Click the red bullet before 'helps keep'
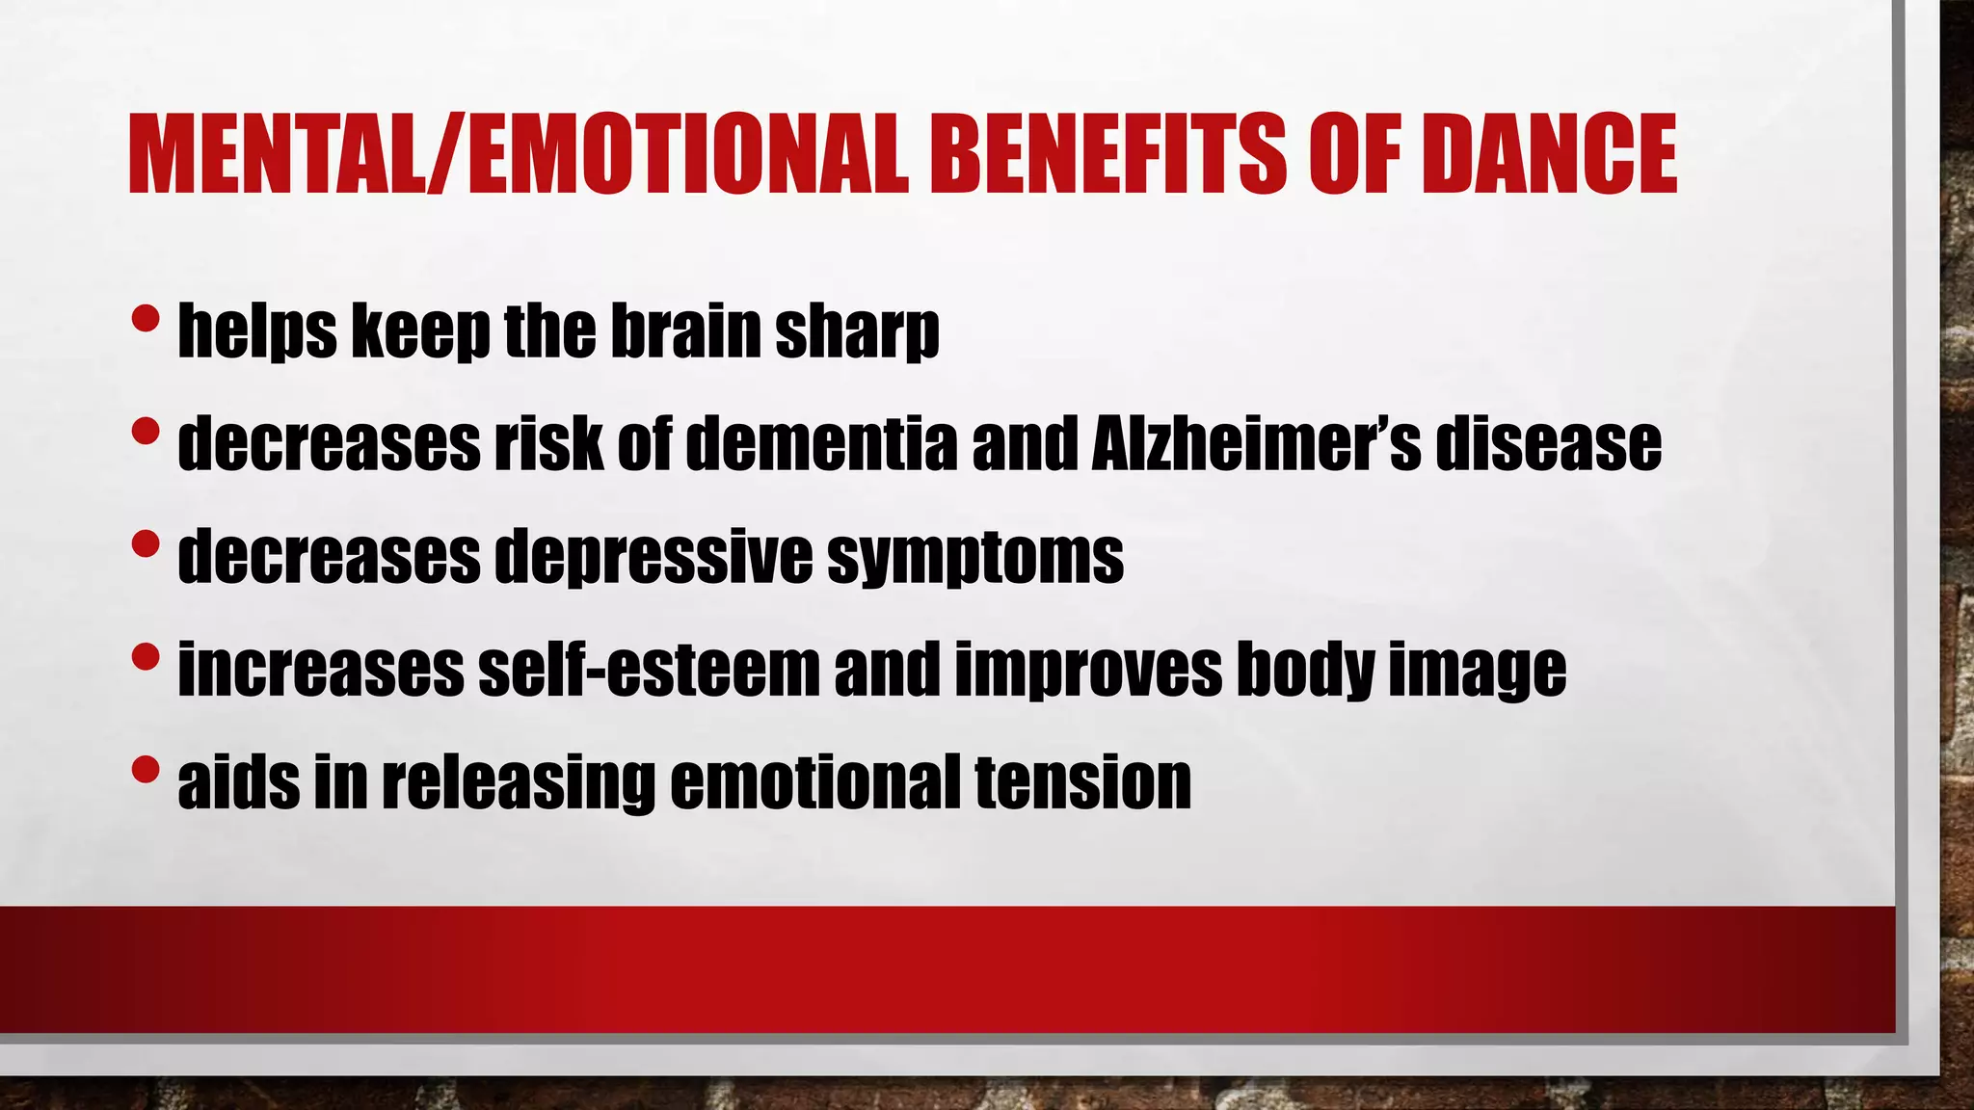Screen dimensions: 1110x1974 pyautogui.click(x=145, y=318)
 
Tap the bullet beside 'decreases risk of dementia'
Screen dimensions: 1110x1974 pyautogui.click(x=145, y=431)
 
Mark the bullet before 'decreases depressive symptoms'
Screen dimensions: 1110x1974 pyautogui.click(x=145, y=543)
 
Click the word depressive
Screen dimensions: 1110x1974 pyautogui.click(x=654, y=557)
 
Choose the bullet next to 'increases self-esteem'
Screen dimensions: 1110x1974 pyautogui.click(x=145, y=657)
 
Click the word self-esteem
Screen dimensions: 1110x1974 pyautogui.click(x=649, y=669)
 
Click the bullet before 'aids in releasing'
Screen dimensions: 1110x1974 pyautogui.click(x=145, y=769)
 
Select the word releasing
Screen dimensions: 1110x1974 pyautogui.click(x=519, y=782)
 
